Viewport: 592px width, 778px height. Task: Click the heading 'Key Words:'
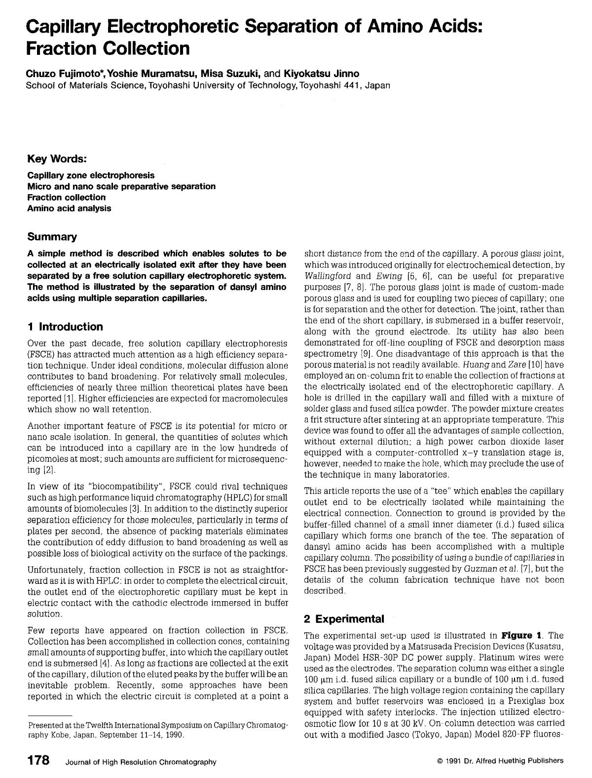(57, 159)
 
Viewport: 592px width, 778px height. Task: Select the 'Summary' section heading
(52, 237)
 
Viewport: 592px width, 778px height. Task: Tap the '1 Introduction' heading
(65, 327)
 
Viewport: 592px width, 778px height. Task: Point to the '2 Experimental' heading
(344, 619)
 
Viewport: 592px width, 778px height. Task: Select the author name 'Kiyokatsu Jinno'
(321, 74)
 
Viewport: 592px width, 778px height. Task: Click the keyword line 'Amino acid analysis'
(69, 208)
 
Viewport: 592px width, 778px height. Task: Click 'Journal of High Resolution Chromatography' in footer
(141, 762)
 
